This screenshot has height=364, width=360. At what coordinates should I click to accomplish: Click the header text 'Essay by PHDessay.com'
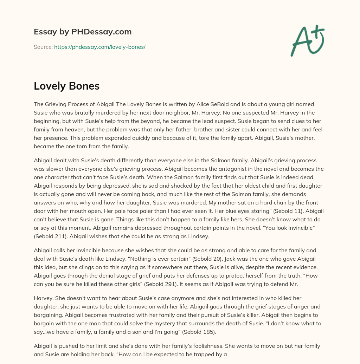[x=83, y=32]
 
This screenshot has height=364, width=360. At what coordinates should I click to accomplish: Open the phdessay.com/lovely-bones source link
[x=99, y=47]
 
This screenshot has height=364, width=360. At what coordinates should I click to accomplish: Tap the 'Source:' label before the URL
[x=43, y=47]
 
